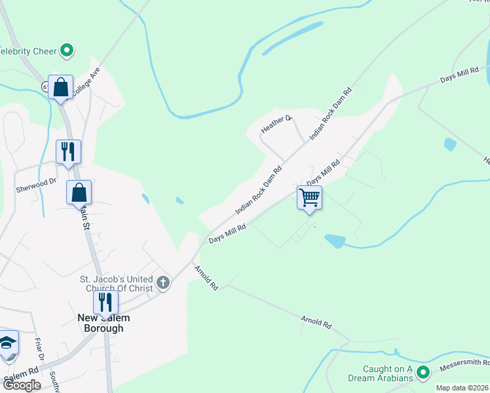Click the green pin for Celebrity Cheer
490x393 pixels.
point(66,50)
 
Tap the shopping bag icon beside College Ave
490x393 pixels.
point(60,87)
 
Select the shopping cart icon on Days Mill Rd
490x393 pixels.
point(309,196)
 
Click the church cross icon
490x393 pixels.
point(163,284)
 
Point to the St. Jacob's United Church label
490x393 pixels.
point(117,284)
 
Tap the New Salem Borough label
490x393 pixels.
point(104,323)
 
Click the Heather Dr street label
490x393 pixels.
point(276,124)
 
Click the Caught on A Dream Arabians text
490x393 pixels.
point(380,373)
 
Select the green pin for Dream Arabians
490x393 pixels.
point(423,373)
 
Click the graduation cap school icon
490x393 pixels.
point(8,343)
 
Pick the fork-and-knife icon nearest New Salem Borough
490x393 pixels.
point(105,302)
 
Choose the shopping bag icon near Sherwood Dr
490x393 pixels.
point(79,192)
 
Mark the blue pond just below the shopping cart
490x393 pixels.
point(335,241)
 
